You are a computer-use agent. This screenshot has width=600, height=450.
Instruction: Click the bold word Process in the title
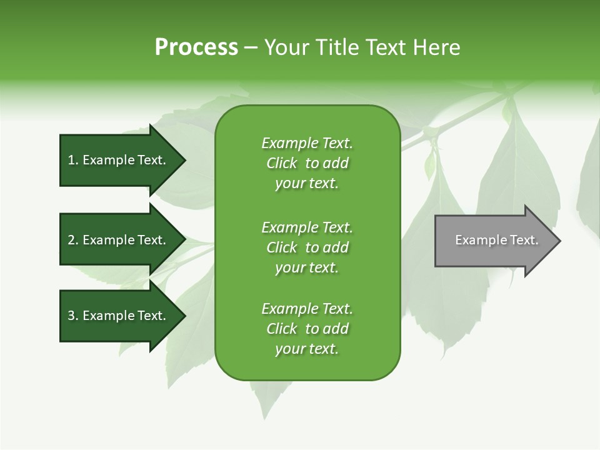pyautogui.click(x=196, y=47)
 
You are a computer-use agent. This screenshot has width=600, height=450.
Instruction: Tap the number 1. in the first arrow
pyautogui.click(x=73, y=161)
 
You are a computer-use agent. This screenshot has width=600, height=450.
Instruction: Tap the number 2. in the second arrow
pyautogui.click(x=73, y=241)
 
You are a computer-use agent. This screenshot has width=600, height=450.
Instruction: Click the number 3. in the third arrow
pyautogui.click(x=73, y=316)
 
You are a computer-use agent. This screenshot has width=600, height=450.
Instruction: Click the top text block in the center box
pyautogui.click(x=307, y=163)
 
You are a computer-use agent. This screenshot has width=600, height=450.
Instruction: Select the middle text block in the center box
pyautogui.click(x=307, y=247)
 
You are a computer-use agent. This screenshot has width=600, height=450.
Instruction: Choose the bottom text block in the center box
pyautogui.click(x=307, y=329)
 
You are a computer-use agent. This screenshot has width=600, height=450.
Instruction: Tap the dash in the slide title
pyautogui.click(x=251, y=48)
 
